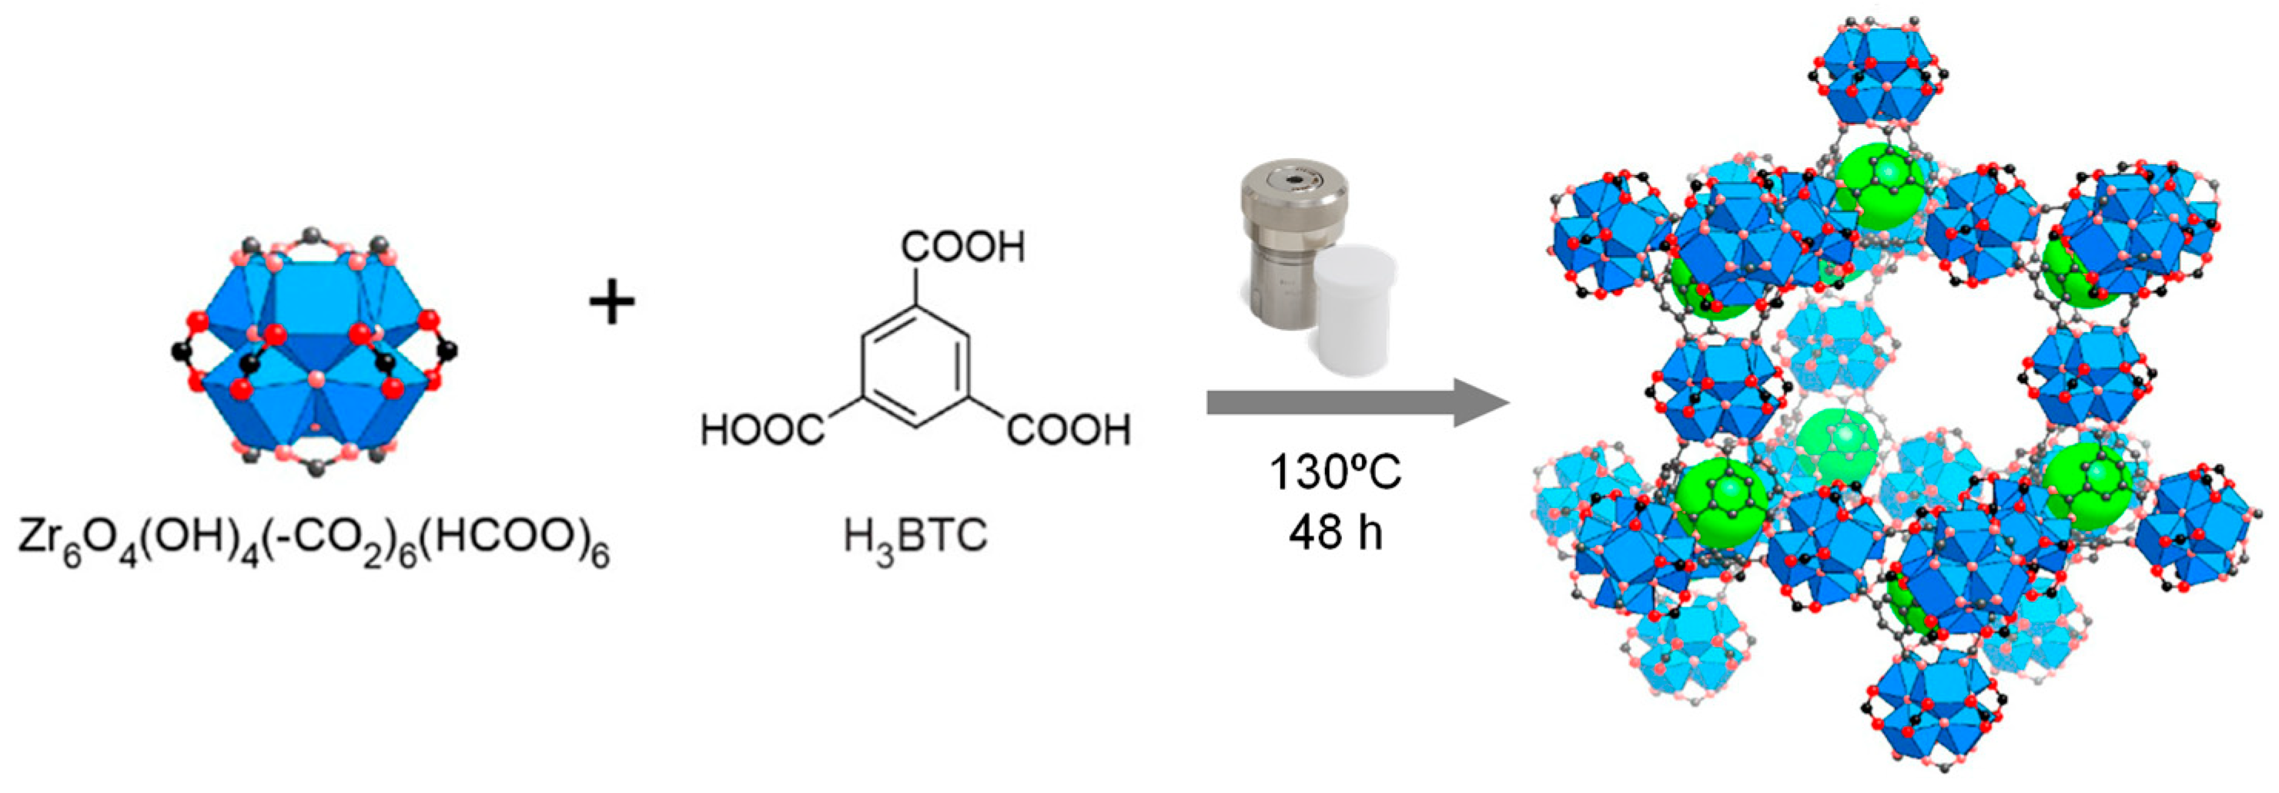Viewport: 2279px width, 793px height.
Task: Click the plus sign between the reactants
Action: point(612,304)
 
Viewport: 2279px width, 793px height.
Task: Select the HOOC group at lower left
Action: point(761,430)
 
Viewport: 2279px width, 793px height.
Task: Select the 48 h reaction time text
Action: point(1335,532)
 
